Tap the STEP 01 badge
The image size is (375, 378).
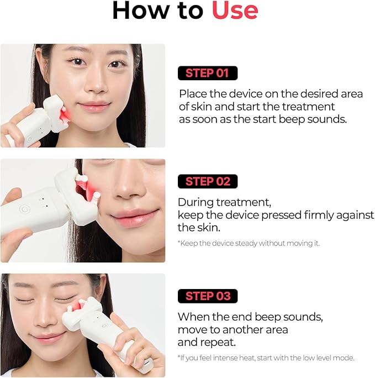tap(207, 73)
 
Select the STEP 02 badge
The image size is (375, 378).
tap(207, 181)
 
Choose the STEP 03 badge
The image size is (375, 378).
tap(207, 296)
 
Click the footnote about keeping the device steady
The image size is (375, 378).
tap(249, 243)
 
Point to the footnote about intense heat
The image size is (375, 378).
tap(266, 358)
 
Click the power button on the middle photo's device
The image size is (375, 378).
tap(25, 209)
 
